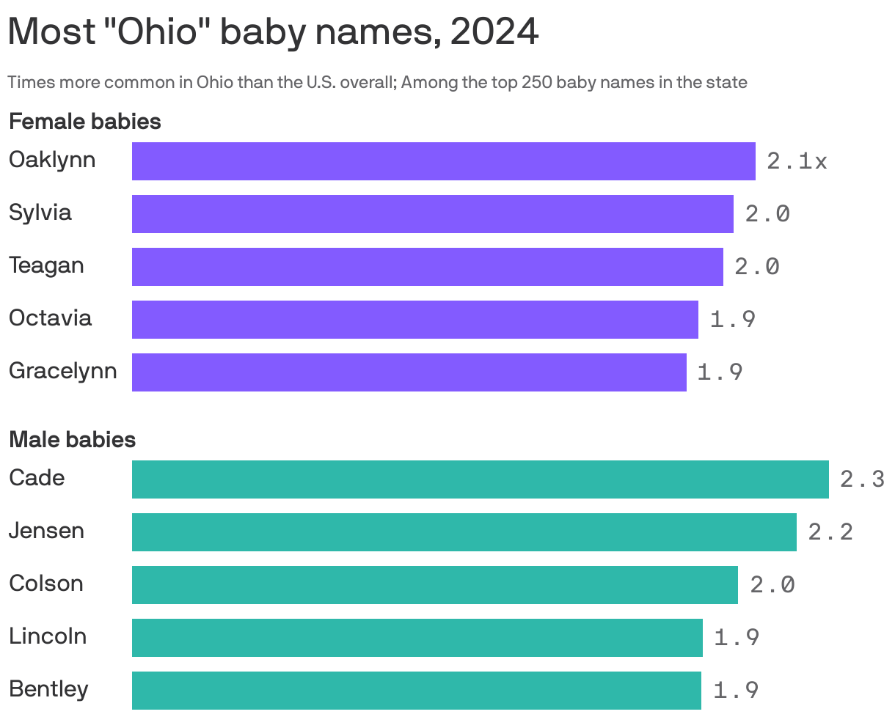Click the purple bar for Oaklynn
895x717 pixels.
pyautogui.click(x=443, y=161)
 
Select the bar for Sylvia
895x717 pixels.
pyautogui.click(x=432, y=214)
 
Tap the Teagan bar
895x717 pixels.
pyautogui.click(x=427, y=267)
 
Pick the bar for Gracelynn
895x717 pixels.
pyautogui.click(x=409, y=372)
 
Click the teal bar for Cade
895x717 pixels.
pyautogui.click(x=480, y=479)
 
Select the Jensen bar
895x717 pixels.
pyautogui.click(x=464, y=532)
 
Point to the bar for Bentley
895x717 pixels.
pyautogui.click(x=416, y=691)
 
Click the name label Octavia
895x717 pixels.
pyautogui.click(x=50, y=318)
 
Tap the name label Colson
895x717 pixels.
pyautogui.click(x=46, y=584)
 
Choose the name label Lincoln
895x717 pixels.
pyautogui.click(x=48, y=636)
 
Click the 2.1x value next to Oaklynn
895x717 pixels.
pyautogui.click(x=797, y=161)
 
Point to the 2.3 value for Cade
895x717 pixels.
pyautogui.click(x=862, y=479)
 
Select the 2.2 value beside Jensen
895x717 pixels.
pyautogui.click(x=830, y=532)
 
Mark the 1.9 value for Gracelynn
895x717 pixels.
pyautogui.click(x=720, y=372)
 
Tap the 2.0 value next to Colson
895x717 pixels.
pyautogui.click(x=772, y=585)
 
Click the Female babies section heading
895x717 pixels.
pyautogui.click(x=85, y=122)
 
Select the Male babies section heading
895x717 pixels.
pyautogui.click(x=72, y=440)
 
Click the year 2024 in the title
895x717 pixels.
pyautogui.click(x=494, y=32)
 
